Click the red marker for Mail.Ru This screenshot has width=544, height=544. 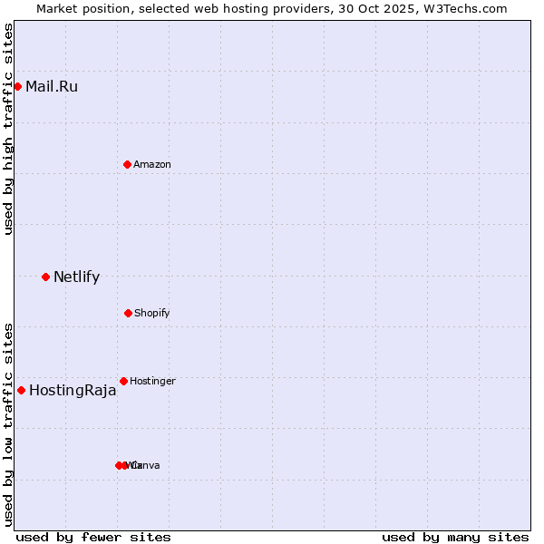click(x=17, y=86)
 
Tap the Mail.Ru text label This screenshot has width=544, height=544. click(x=52, y=87)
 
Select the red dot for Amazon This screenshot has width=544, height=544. click(x=127, y=164)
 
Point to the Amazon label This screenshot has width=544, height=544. click(x=152, y=164)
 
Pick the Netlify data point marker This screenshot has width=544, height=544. click(x=45, y=277)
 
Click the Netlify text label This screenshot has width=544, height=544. click(x=76, y=277)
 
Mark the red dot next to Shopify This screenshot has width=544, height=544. click(x=128, y=313)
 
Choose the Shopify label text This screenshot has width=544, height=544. click(x=152, y=314)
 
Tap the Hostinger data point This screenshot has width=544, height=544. click(x=123, y=381)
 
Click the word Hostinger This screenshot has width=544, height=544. click(x=152, y=382)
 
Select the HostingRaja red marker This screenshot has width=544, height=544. click(x=21, y=390)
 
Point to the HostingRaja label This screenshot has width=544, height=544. click(x=73, y=391)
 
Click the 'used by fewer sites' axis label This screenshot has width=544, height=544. click(x=93, y=537)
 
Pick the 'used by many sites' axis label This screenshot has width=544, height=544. click(x=455, y=537)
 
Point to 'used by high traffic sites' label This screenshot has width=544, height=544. click(x=8, y=129)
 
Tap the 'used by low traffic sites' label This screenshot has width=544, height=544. click(x=8, y=424)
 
